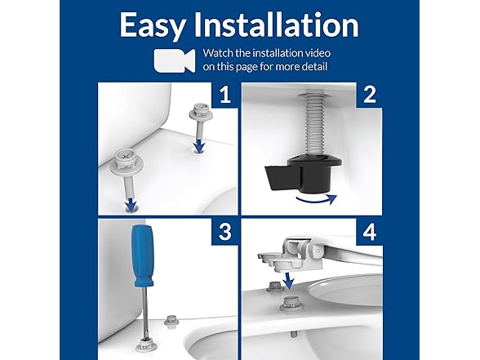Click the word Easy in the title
[156, 25]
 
